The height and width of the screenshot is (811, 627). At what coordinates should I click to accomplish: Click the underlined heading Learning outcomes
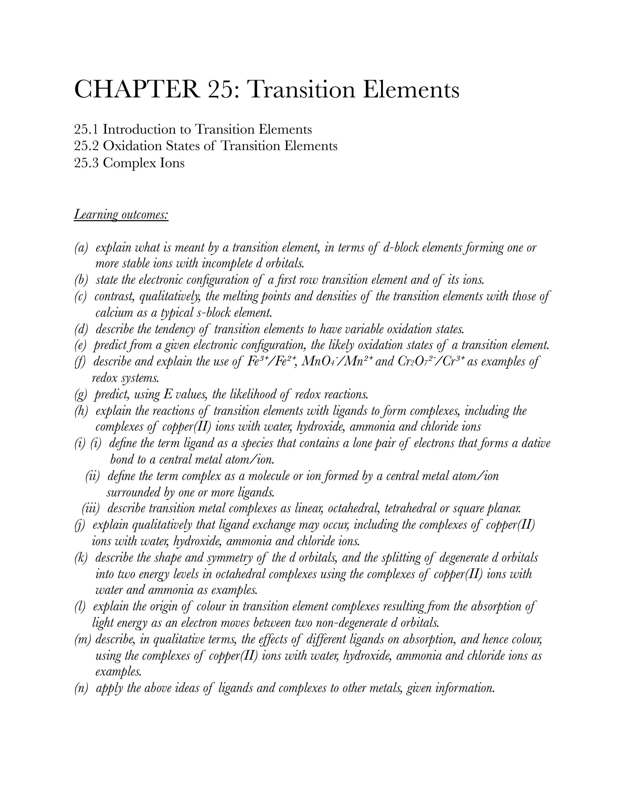point(121,214)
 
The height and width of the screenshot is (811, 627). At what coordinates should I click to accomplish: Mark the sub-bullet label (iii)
point(91,508)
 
